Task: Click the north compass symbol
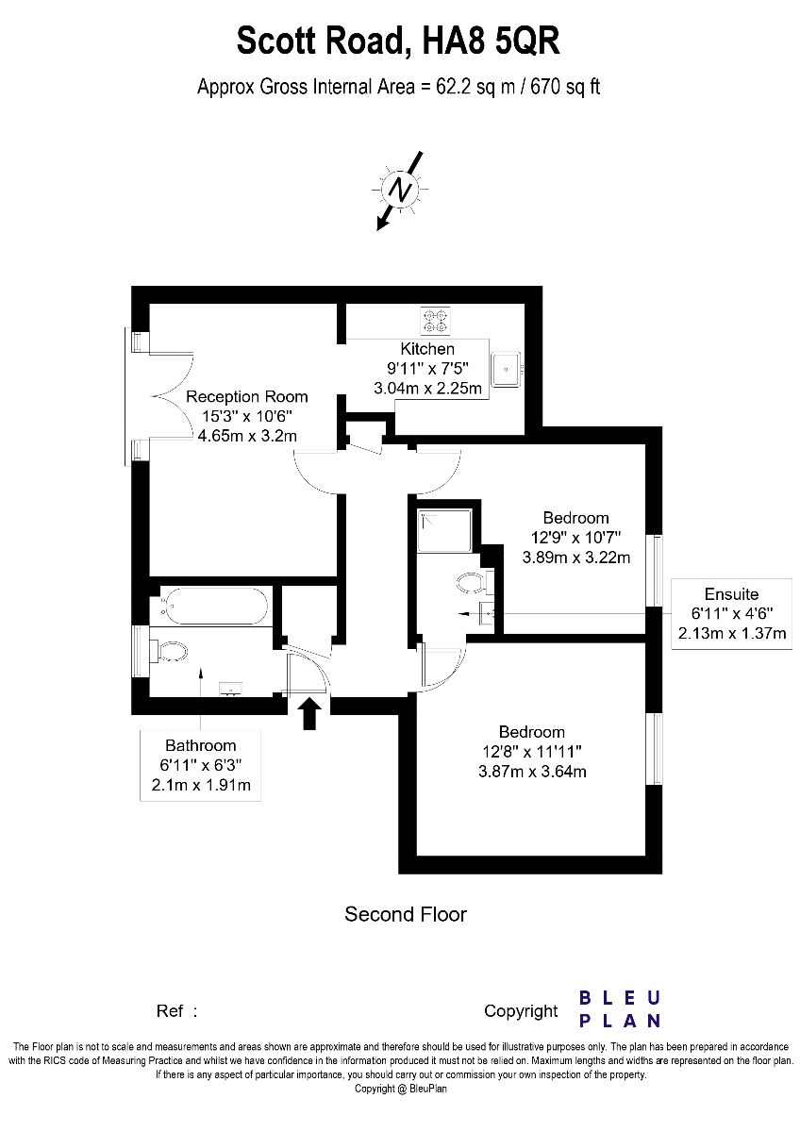[400, 191]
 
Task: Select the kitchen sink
[507, 369]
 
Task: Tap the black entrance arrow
[311, 714]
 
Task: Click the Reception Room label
[246, 397]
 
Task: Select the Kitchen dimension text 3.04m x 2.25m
[427, 388]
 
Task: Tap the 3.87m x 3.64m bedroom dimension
[532, 772]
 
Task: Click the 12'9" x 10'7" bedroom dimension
[575, 537]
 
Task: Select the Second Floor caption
[406, 914]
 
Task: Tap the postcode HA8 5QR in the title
[492, 41]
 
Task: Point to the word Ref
[170, 1010]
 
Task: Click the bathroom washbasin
[231, 689]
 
